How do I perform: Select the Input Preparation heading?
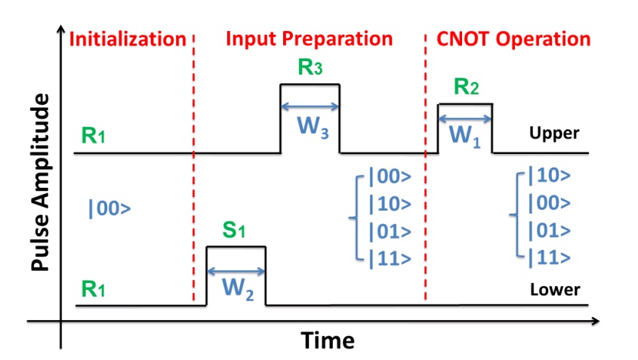pyautogui.click(x=310, y=39)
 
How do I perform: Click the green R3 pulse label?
pyautogui.click(x=310, y=68)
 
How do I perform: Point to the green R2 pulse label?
pyautogui.click(x=466, y=88)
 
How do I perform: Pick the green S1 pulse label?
pyautogui.click(x=236, y=230)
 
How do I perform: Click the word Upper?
pyautogui.click(x=555, y=134)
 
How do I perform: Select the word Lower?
pyautogui.click(x=555, y=290)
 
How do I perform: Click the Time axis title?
pyautogui.click(x=328, y=340)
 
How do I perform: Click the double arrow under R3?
pyautogui.click(x=310, y=107)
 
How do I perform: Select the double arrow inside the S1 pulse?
pyautogui.click(x=236, y=269)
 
